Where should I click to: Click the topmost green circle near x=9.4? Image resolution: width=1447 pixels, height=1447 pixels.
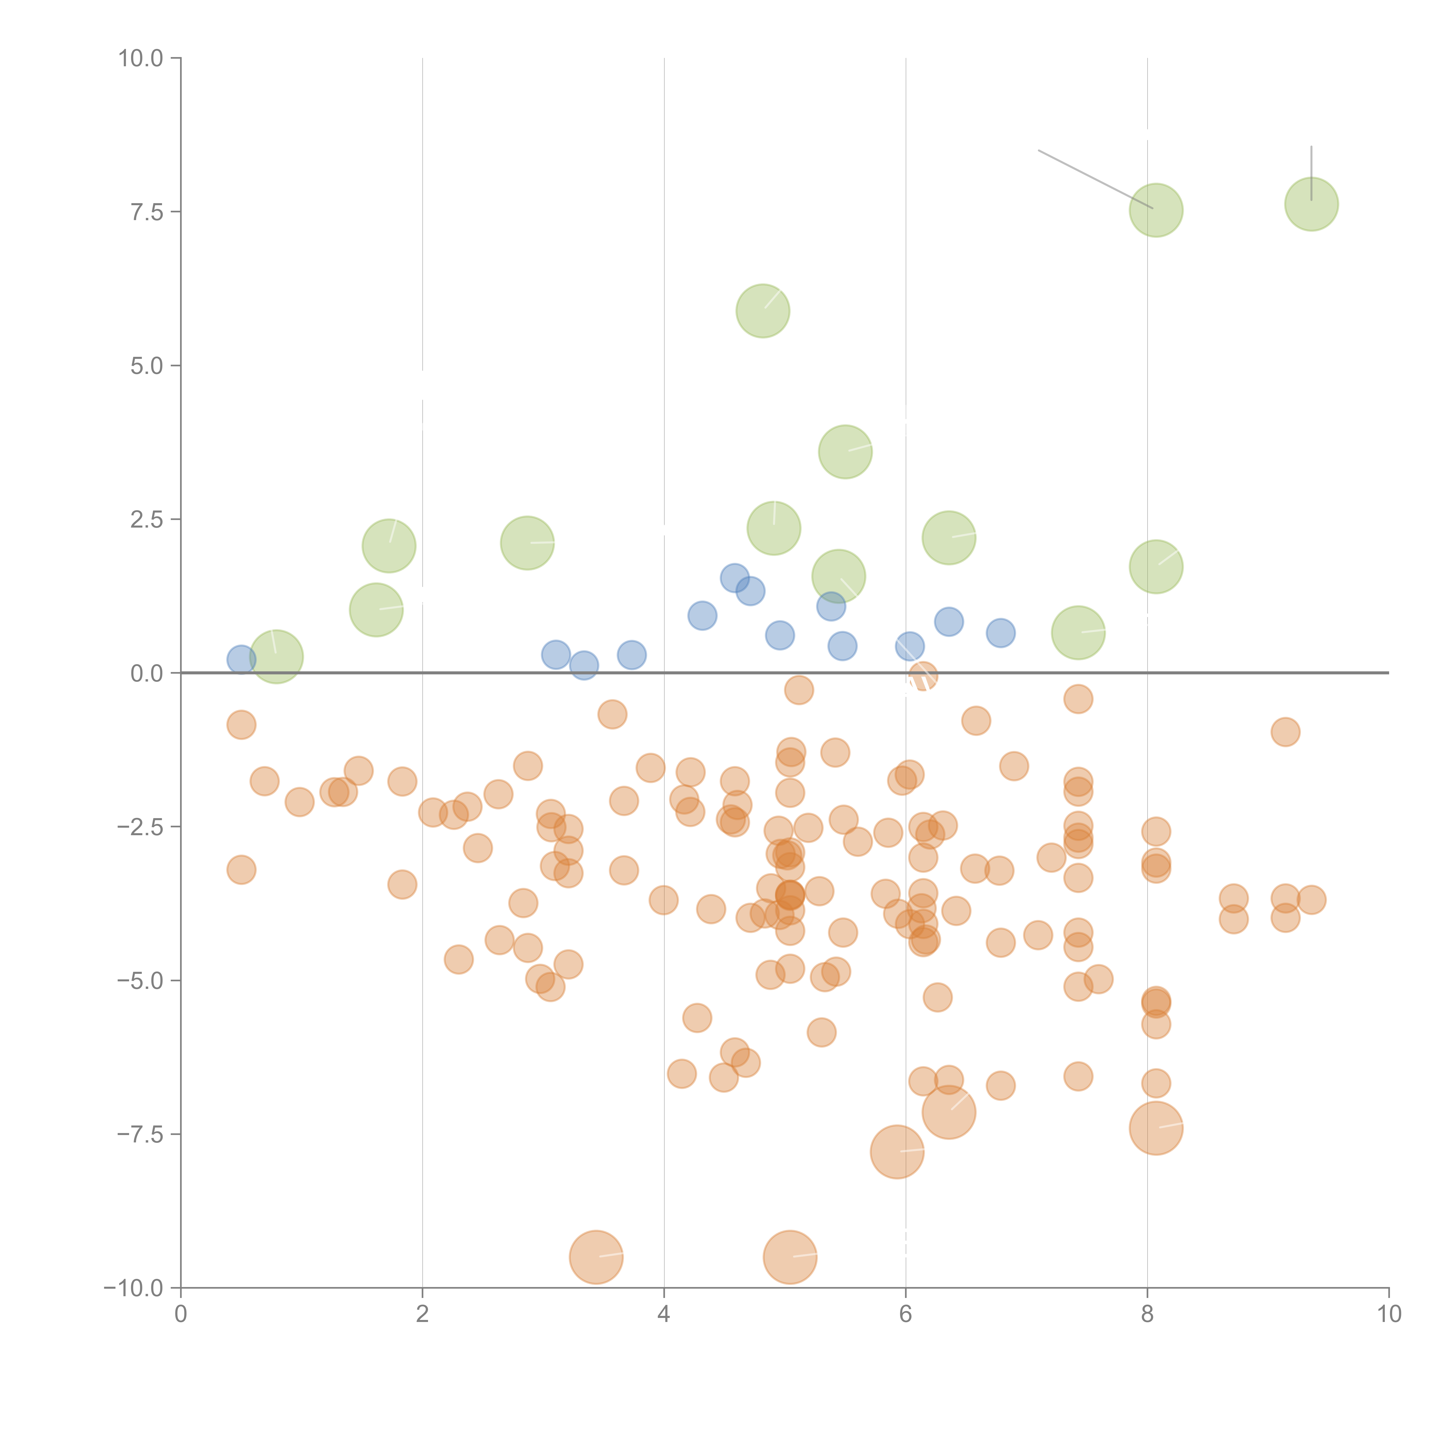point(1312,204)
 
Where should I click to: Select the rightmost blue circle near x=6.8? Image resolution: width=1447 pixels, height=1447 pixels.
point(1001,633)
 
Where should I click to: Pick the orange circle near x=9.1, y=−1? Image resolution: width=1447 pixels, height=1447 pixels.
point(1285,732)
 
